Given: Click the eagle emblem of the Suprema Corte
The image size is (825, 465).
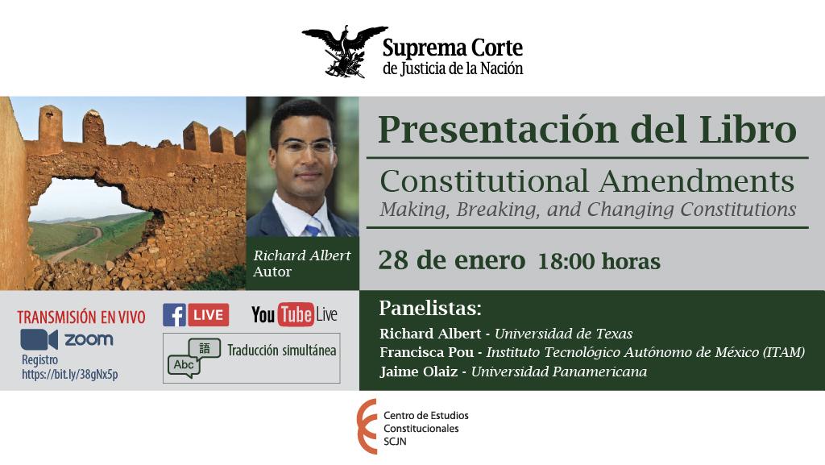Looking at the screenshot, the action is click(345, 51).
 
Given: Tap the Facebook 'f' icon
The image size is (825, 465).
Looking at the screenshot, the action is click(174, 315).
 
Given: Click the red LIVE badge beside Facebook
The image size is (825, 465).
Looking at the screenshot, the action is click(209, 315).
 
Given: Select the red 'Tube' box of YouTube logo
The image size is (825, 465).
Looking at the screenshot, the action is click(296, 314).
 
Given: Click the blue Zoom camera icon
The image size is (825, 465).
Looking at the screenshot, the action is click(39, 339).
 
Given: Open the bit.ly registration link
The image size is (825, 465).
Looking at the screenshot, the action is click(70, 375).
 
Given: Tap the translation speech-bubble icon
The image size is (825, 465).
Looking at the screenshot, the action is click(193, 358).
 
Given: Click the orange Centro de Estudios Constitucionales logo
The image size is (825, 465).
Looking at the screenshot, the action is click(367, 426).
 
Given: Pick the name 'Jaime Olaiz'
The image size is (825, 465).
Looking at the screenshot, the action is click(419, 372).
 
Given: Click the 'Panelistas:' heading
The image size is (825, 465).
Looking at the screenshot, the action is click(430, 308).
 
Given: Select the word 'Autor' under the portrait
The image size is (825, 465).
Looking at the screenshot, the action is click(272, 272).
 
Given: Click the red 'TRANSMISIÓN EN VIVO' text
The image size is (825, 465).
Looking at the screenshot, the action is click(81, 318).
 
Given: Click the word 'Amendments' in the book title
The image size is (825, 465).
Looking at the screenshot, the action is click(697, 181).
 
